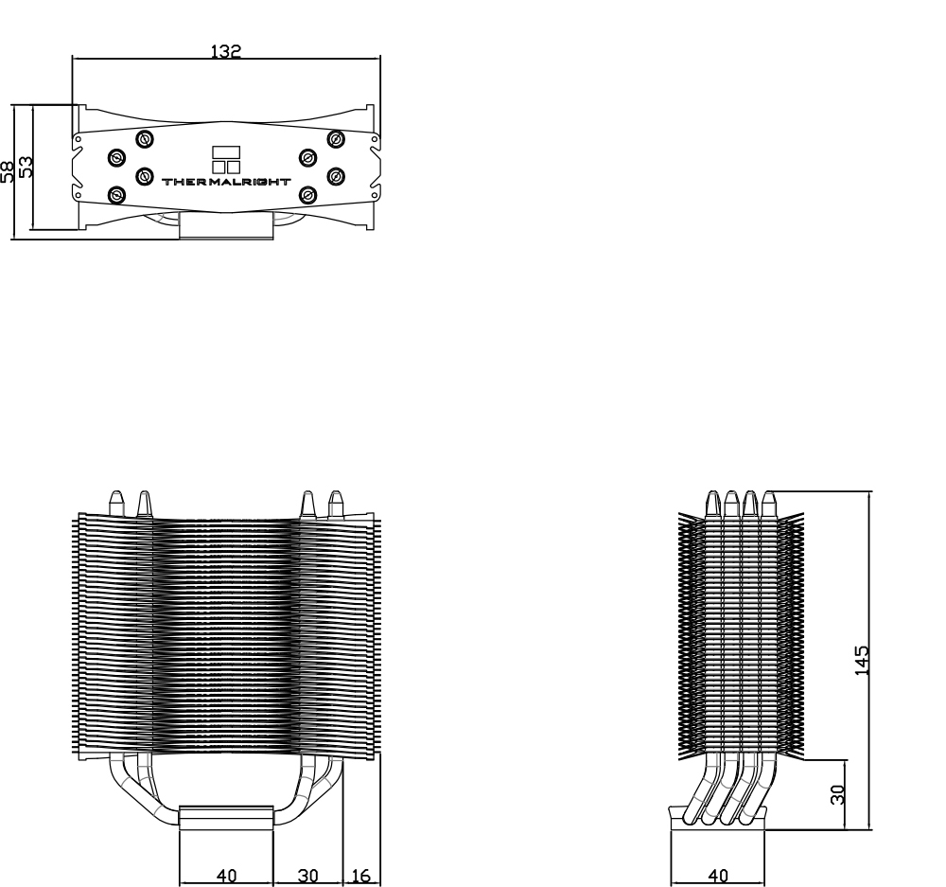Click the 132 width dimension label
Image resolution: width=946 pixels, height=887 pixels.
226,51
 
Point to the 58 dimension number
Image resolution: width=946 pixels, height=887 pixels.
8,171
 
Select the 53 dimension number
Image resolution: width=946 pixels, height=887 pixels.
26,168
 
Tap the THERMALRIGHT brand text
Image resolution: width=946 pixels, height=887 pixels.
226,181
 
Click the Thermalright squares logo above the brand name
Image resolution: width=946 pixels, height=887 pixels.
226,159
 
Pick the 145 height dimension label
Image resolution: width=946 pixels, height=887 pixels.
863,660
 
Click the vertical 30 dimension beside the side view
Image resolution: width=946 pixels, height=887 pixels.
837,794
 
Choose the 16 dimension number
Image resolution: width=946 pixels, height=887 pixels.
360,876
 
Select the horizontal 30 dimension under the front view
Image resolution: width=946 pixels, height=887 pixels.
307,876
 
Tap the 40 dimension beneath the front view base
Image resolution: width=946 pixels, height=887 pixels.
226,876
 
